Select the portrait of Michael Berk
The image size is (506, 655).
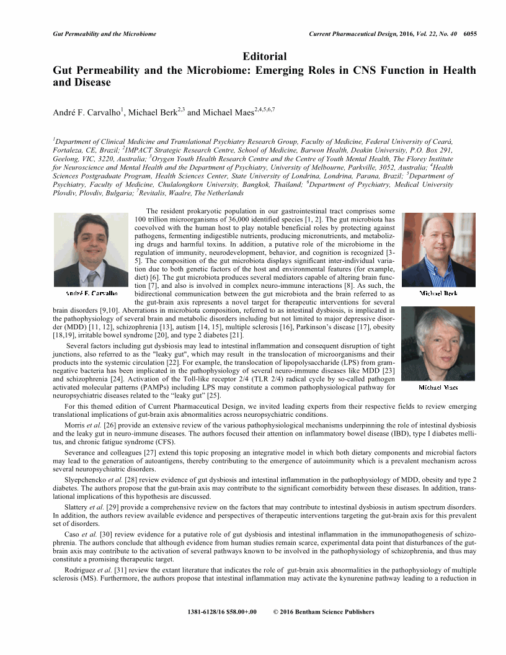click(x=438, y=249)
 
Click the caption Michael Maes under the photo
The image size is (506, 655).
click(x=438, y=387)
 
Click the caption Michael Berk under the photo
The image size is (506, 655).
click(x=438, y=293)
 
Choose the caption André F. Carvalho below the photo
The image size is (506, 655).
click(x=91, y=292)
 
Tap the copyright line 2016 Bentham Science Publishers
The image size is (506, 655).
click(x=324, y=612)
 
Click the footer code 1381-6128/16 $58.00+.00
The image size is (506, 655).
click(x=222, y=612)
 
